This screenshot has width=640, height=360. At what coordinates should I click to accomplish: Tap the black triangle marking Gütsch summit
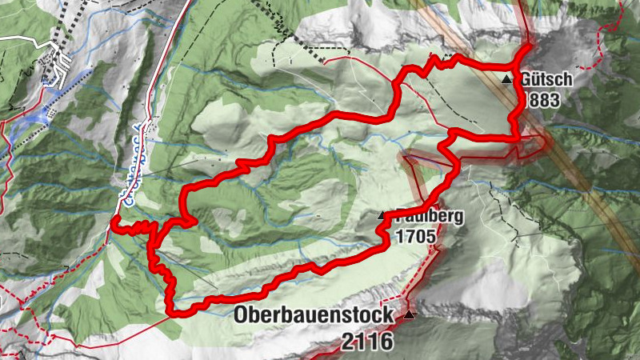[x=506, y=80]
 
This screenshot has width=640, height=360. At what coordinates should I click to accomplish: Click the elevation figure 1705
[x=414, y=237]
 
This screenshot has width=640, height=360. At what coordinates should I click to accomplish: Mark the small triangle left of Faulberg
[x=382, y=216]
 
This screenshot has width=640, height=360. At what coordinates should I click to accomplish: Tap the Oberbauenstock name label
[x=314, y=315]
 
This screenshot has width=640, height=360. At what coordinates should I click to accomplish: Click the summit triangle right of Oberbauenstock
[x=410, y=315]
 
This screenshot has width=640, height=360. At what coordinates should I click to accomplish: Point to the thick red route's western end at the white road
[x=113, y=223]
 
